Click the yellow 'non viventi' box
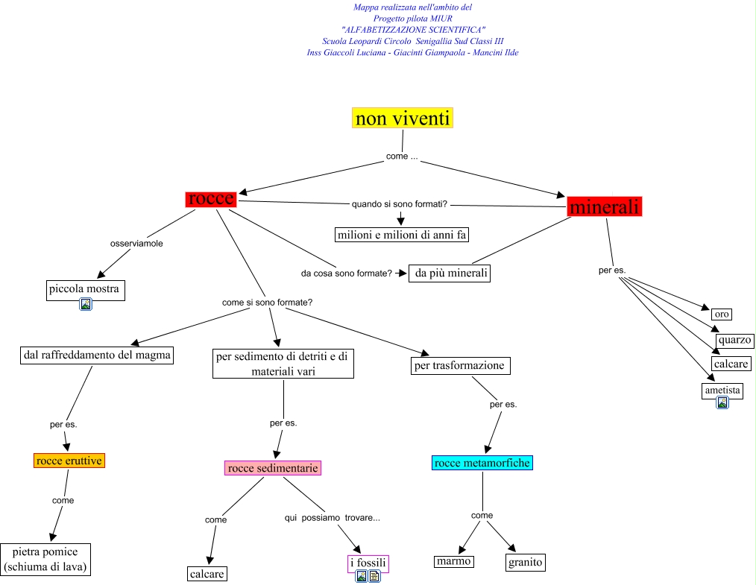(x=403, y=118)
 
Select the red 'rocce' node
(x=211, y=199)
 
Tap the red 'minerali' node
(x=604, y=206)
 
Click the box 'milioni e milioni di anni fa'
(x=402, y=235)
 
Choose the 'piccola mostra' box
(x=84, y=289)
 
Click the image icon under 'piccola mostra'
(x=86, y=304)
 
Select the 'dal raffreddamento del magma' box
(x=97, y=355)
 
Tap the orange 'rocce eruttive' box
(x=69, y=461)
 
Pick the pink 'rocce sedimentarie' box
(x=273, y=468)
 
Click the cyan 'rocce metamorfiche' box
(x=482, y=463)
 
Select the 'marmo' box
(x=454, y=561)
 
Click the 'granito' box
(x=526, y=562)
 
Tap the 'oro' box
(x=722, y=314)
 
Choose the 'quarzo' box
(x=734, y=340)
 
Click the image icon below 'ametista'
(x=722, y=402)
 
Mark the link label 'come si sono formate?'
(x=267, y=303)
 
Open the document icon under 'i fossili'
(x=374, y=576)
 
